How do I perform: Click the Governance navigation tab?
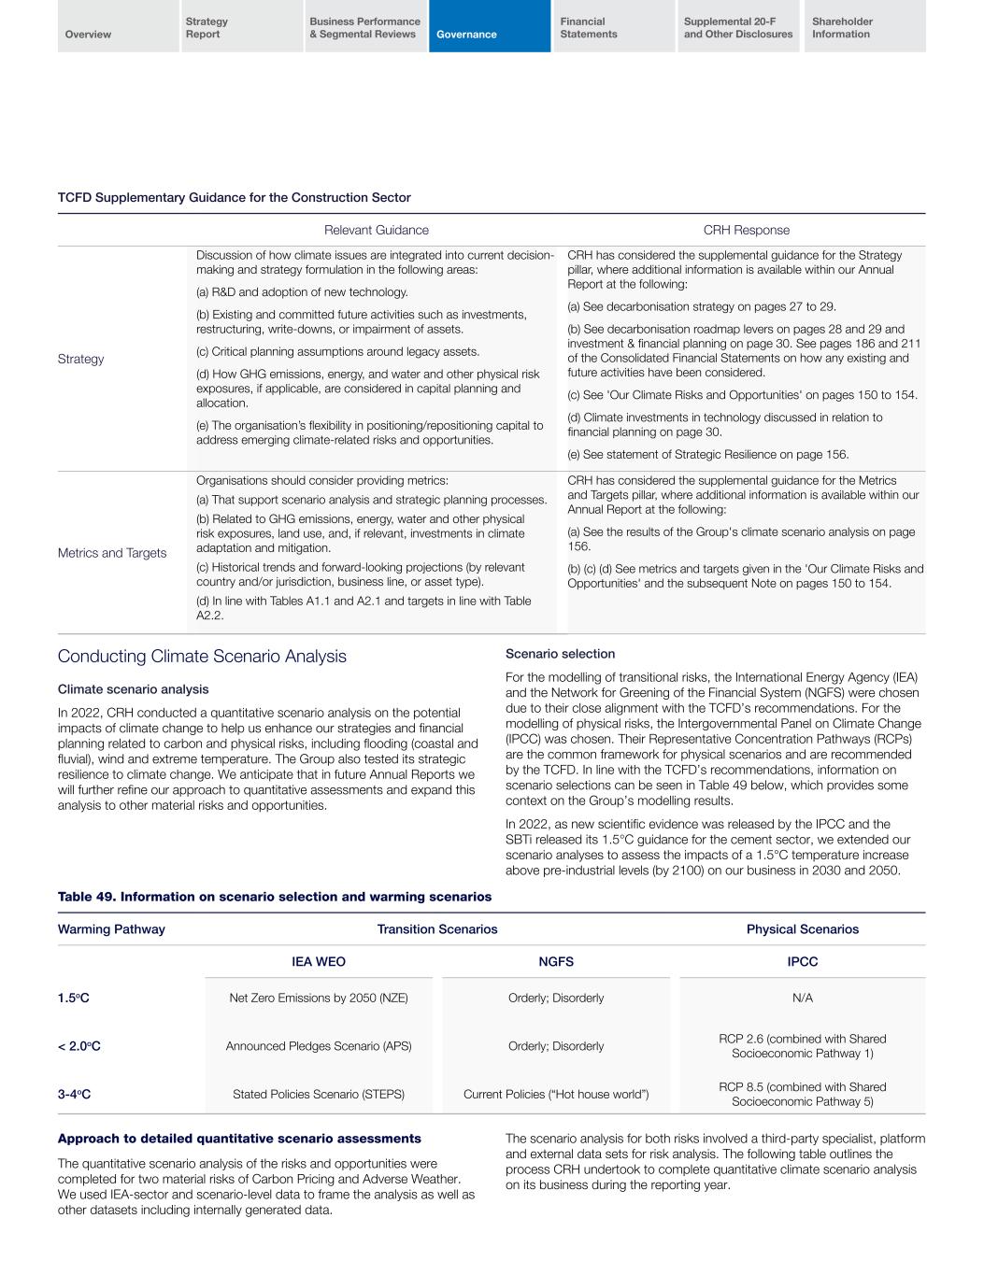click(489, 27)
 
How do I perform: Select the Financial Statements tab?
click(612, 27)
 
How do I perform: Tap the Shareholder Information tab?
click(864, 27)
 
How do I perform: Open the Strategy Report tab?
click(241, 27)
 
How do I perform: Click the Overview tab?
click(118, 27)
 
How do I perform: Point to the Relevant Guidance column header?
click(376, 231)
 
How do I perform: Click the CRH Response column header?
click(746, 231)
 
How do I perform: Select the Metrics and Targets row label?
click(112, 553)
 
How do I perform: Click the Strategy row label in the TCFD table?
click(81, 360)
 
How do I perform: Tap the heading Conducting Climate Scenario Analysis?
click(202, 657)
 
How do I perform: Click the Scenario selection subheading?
click(560, 654)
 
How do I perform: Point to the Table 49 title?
click(275, 897)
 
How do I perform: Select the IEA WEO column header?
click(319, 961)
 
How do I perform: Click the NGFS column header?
click(556, 961)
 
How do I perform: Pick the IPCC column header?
click(802, 961)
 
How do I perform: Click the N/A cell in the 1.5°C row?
click(802, 998)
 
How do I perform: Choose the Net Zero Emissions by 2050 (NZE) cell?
click(319, 998)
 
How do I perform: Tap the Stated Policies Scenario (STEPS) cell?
click(319, 1095)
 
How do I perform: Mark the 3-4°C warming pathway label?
click(75, 1095)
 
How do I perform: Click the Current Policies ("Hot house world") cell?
click(556, 1095)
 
